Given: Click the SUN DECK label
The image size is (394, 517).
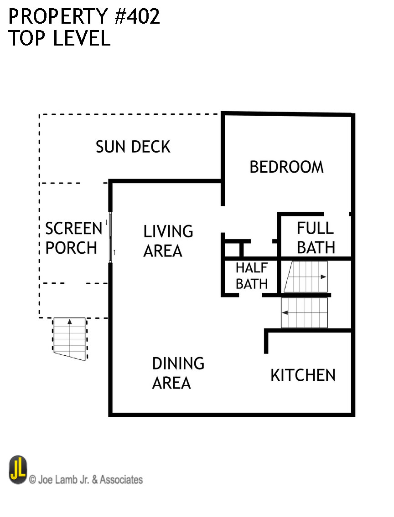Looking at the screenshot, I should coord(133,147).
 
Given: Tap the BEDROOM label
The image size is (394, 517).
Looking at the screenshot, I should coord(286,167).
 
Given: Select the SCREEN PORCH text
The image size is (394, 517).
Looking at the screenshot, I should coord(73,238).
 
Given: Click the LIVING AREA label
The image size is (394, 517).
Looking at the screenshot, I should coord(168,241).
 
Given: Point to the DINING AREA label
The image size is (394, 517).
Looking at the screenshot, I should coord(178,373).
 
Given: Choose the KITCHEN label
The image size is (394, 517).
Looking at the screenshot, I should coord(303,375).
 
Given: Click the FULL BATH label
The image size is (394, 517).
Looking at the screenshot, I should coord(316,237).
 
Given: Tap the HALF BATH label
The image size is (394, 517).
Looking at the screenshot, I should coord(251,276).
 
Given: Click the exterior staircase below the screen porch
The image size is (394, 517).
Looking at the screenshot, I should coord(69,338).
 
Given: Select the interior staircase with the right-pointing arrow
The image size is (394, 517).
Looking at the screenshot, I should coord(305,276).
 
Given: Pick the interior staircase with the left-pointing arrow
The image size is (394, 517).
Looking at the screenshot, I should coord(304,312).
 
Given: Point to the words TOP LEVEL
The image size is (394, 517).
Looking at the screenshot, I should coord(59,39).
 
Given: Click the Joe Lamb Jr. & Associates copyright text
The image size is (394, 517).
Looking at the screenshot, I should coord(86,479).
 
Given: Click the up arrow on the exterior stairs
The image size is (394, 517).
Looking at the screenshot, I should coord(70,322).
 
